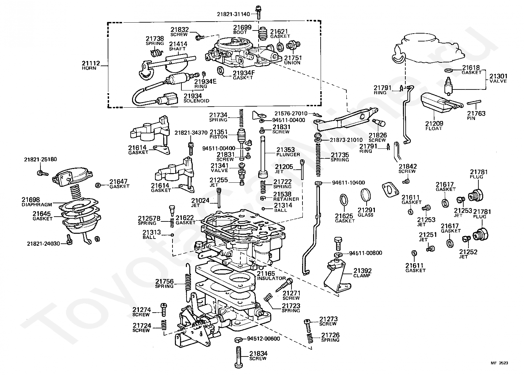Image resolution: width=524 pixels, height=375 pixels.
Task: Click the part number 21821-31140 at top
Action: (x=233, y=14)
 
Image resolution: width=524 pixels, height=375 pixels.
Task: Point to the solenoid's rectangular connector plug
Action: (x=170, y=98)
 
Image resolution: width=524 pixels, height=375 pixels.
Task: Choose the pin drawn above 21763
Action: (x=474, y=102)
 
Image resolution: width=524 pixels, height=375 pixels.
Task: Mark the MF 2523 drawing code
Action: (x=499, y=363)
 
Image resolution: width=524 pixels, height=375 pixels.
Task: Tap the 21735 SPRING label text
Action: (x=340, y=157)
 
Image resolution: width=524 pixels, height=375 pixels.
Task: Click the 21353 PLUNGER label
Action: (x=288, y=152)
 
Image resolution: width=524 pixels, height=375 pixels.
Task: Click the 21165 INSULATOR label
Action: (x=271, y=276)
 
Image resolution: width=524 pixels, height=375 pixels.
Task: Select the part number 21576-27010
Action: (x=291, y=113)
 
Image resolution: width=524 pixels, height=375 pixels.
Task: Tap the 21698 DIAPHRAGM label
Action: (x=37, y=202)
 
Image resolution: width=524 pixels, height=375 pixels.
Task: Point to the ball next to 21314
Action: (x=263, y=209)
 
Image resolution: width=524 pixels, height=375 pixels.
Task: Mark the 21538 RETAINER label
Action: (x=286, y=196)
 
